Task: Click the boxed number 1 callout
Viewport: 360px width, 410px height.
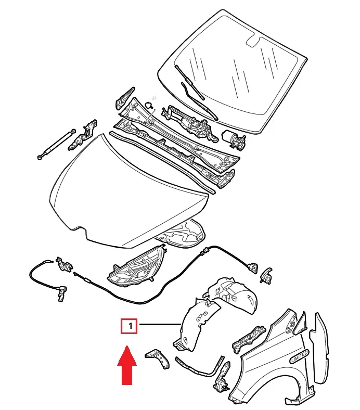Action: [x=128, y=326]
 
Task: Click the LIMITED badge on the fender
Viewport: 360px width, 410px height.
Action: [x=299, y=356]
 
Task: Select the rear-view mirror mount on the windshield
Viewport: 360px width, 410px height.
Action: [x=253, y=41]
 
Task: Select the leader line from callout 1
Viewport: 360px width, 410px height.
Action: [x=159, y=326]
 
